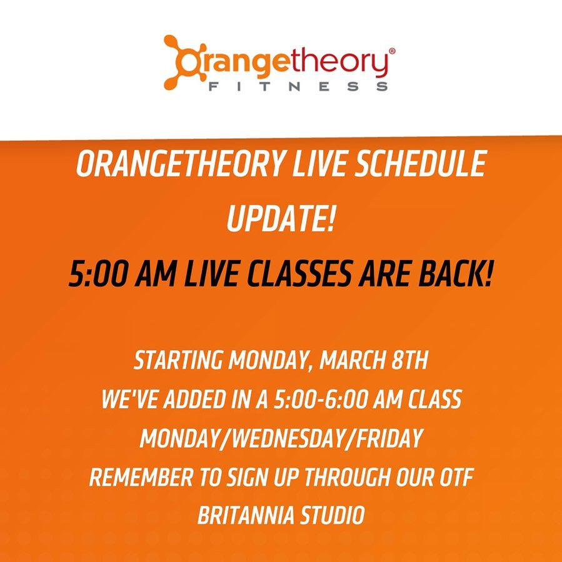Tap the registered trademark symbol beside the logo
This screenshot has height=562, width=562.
click(x=392, y=51)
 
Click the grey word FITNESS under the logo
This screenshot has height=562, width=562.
click(x=298, y=86)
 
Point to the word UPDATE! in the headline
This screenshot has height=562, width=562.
click(x=281, y=219)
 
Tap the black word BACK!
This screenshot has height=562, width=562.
click(x=455, y=274)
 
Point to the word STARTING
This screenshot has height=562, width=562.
click(x=178, y=360)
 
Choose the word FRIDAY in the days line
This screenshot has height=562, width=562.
click(x=388, y=438)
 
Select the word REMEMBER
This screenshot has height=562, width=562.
click(x=141, y=478)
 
